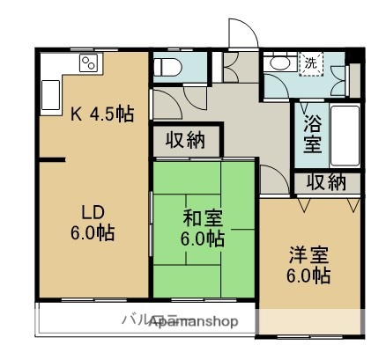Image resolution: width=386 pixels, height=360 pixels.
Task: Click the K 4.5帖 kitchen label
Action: coord(102,113)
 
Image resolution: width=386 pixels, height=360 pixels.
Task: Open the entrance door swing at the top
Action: coord(241,35)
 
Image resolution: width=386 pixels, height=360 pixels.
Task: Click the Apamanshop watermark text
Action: coord(193,322)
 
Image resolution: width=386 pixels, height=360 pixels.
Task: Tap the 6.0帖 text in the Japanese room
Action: coord(203,239)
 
